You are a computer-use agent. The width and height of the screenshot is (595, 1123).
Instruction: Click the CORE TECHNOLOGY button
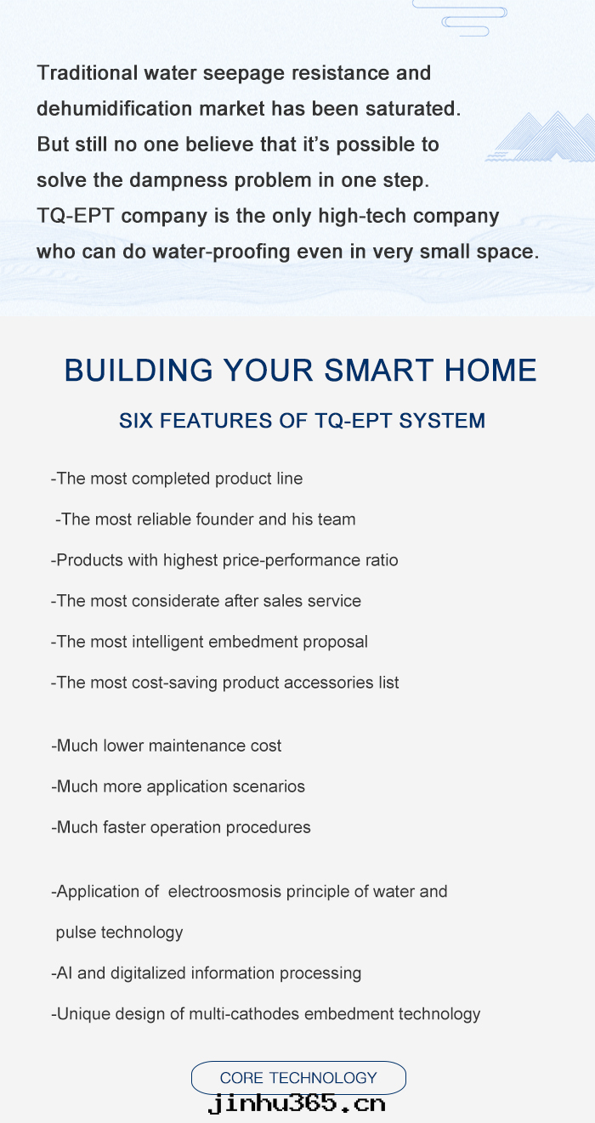[298, 1077]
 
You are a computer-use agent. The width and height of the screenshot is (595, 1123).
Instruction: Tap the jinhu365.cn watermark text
[297, 1104]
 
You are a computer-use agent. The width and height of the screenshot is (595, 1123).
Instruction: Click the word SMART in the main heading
[379, 370]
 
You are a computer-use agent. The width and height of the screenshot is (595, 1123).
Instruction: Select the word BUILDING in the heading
[139, 370]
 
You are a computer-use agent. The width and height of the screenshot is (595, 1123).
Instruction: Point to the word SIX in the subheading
[136, 421]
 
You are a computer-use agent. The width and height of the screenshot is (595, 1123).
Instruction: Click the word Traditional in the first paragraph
[88, 73]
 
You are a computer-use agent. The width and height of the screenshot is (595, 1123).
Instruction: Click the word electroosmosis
[224, 892]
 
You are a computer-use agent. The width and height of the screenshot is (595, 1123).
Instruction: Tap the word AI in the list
[65, 973]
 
